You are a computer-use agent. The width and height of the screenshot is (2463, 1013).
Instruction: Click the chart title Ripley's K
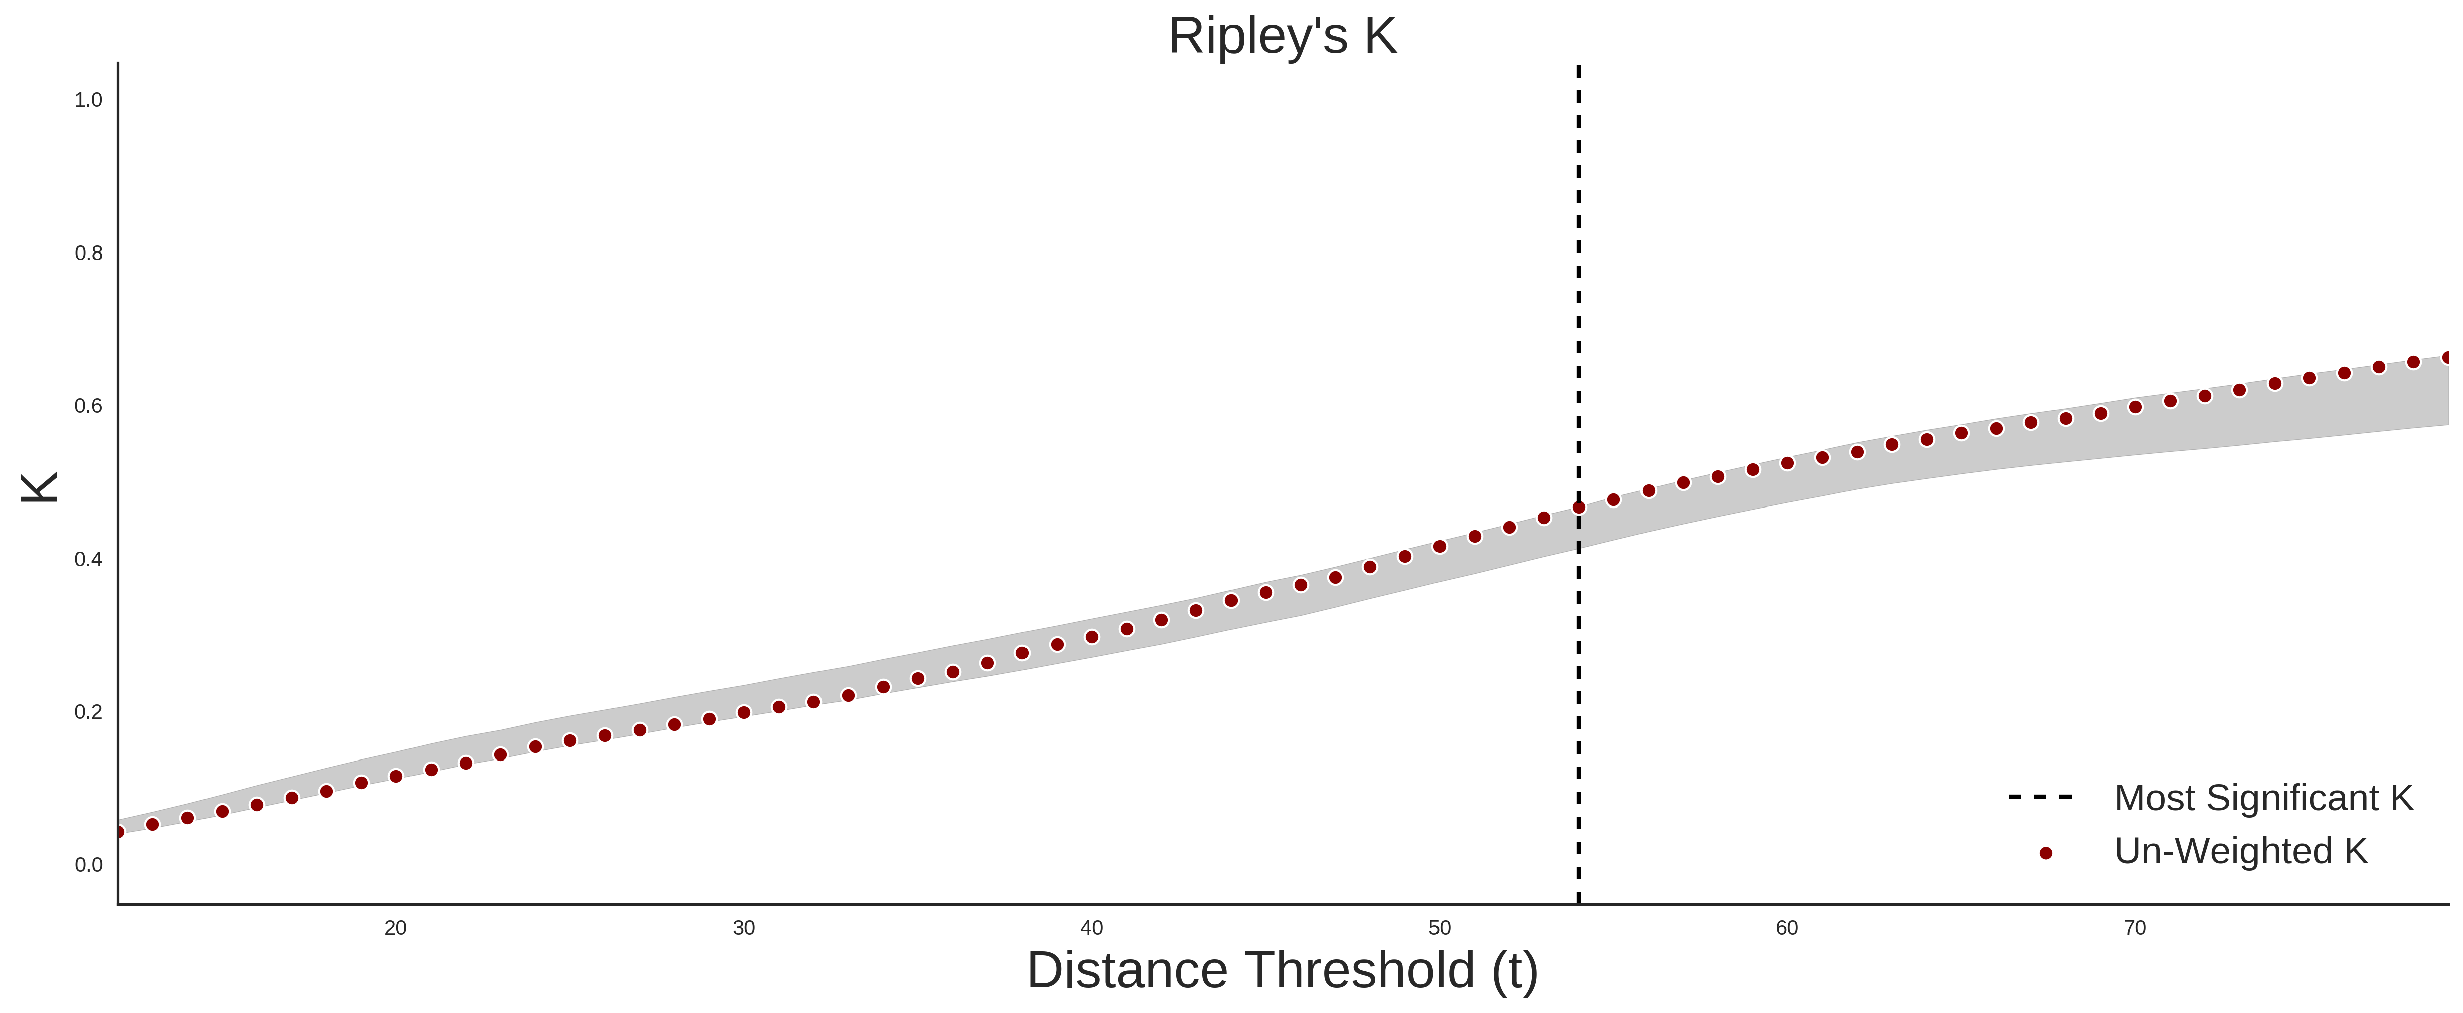pos(1282,36)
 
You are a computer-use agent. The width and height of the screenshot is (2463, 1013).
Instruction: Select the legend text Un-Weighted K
pos(2241,851)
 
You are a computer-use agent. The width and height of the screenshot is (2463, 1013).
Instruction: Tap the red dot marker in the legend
pos(2045,853)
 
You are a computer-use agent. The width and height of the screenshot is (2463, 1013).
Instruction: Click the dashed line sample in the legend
pos(2040,796)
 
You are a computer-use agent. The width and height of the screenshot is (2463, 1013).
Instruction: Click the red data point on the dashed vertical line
pos(1578,508)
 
